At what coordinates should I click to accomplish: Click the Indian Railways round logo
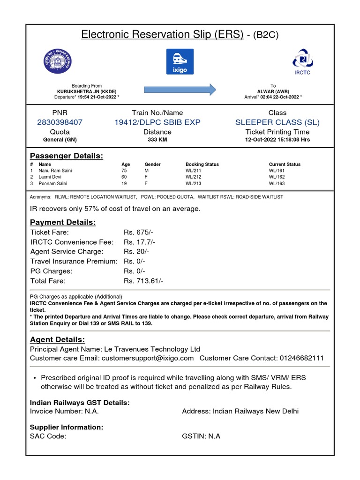(x=58, y=61)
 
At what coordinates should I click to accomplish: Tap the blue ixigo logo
(x=180, y=61)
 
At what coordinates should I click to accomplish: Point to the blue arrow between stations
(x=180, y=89)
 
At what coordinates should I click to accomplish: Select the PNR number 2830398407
(x=60, y=122)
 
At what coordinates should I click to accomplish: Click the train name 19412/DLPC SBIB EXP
(x=157, y=122)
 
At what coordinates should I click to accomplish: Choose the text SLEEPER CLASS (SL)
(x=277, y=122)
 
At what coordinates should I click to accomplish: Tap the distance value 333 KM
(x=157, y=140)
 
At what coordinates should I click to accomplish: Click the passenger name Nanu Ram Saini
(x=55, y=171)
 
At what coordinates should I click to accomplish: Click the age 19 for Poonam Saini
(x=124, y=184)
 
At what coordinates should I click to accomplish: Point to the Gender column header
(x=152, y=165)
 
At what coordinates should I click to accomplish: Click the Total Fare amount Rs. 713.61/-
(x=143, y=281)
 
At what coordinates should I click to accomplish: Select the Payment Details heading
(x=63, y=222)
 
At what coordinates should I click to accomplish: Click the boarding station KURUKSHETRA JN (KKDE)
(x=87, y=91)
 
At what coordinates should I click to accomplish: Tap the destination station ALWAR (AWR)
(x=273, y=91)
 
